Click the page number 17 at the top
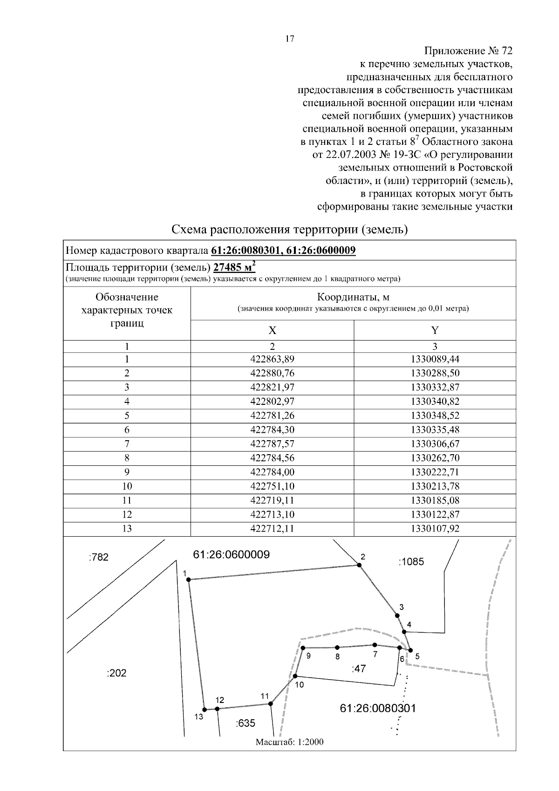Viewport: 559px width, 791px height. click(289, 39)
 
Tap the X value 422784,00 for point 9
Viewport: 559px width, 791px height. click(272, 472)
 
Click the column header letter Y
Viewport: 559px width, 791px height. click(435, 330)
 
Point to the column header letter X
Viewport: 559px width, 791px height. click(272, 330)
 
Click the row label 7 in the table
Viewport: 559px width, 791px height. click(127, 443)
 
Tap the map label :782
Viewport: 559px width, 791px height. click(98, 557)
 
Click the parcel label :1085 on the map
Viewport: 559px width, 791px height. click(411, 562)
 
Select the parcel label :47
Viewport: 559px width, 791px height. click(358, 668)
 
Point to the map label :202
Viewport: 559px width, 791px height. click(116, 673)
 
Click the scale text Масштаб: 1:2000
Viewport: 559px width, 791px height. click(289, 742)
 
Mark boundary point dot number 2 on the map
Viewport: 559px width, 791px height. click(359, 565)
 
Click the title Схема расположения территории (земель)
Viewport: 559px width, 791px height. click(289, 230)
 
